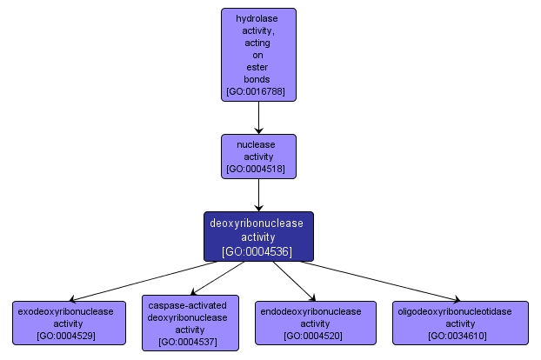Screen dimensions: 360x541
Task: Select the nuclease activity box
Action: click(x=258, y=156)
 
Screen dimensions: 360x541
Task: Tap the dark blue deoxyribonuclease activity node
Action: click(x=258, y=237)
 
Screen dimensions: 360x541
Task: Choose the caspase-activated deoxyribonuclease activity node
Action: click(x=190, y=323)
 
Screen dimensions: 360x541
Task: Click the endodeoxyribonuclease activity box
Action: click(x=315, y=323)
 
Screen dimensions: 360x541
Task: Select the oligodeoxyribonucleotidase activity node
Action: click(x=461, y=323)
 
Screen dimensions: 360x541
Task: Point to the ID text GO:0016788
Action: click(x=258, y=90)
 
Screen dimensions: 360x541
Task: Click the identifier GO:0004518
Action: click(x=258, y=169)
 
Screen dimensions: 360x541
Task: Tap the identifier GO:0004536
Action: click(x=257, y=251)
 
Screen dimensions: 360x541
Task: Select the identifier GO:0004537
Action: click(x=190, y=343)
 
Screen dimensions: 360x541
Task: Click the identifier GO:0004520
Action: click(x=315, y=336)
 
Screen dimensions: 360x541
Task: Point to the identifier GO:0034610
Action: click(x=461, y=336)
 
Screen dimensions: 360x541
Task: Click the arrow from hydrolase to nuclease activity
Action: click(x=258, y=117)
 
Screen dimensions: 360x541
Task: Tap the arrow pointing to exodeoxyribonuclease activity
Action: click(x=139, y=281)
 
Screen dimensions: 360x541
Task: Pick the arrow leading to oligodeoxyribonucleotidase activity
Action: click(x=383, y=281)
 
